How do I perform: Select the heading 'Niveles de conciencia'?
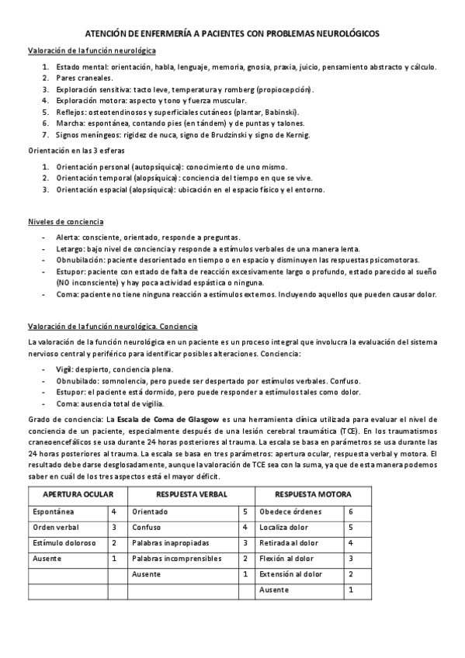click(x=61, y=222)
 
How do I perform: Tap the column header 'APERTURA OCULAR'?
click(x=78, y=494)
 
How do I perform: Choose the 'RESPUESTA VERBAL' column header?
click(x=191, y=494)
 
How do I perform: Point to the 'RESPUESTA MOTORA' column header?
click(x=313, y=494)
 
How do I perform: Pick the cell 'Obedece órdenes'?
click(x=289, y=512)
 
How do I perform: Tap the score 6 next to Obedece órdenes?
click(x=351, y=512)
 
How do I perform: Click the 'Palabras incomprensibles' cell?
click(x=177, y=558)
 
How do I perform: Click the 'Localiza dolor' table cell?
click(x=284, y=528)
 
